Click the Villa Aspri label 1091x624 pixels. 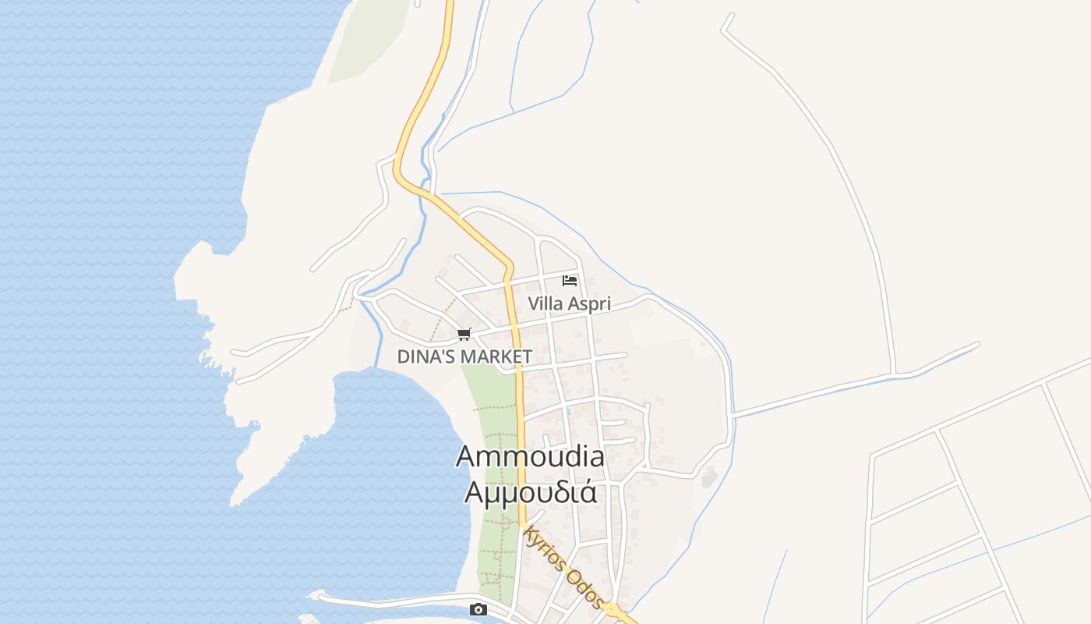[x=569, y=304]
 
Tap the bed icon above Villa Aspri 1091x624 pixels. [x=570, y=281]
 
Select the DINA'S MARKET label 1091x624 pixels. [x=464, y=356]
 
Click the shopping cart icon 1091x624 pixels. [x=464, y=335]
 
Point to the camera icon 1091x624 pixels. [x=478, y=610]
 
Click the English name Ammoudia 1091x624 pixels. [x=530, y=456]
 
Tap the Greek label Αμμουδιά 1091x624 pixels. [x=530, y=492]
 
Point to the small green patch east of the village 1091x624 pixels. [x=708, y=477]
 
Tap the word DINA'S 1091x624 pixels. [x=427, y=356]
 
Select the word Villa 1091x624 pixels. [x=545, y=304]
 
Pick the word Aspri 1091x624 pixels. [x=589, y=304]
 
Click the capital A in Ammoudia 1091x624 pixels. [x=466, y=456]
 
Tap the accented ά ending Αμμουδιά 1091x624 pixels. [x=589, y=492]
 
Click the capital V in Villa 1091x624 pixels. [x=534, y=304]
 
